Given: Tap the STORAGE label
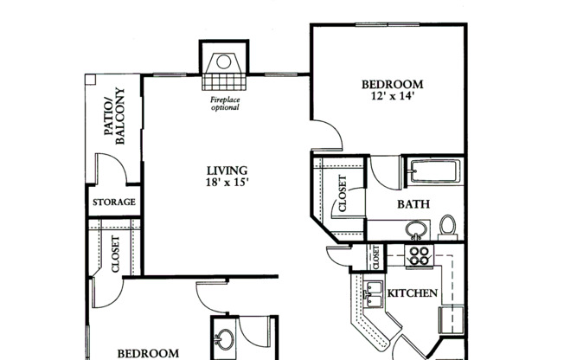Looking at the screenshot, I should [x=114, y=202].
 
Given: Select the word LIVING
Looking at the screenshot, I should [x=227, y=170].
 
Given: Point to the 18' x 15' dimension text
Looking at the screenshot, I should [x=227, y=183].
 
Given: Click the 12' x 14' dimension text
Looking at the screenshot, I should [x=388, y=97].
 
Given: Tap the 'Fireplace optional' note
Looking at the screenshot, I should [x=225, y=104].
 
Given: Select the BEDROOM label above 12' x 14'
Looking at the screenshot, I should [x=388, y=84].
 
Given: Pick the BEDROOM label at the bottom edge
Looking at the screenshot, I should [x=148, y=353].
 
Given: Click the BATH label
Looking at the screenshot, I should [x=413, y=205].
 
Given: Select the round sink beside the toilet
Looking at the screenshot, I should [x=416, y=230].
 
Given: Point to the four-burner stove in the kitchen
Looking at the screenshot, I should [x=419, y=255].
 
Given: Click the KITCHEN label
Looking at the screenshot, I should [x=412, y=293].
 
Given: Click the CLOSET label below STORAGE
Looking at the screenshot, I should [x=115, y=255].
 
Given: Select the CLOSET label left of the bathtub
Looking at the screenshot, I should [x=342, y=195].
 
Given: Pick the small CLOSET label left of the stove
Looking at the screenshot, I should [x=376, y=258].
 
